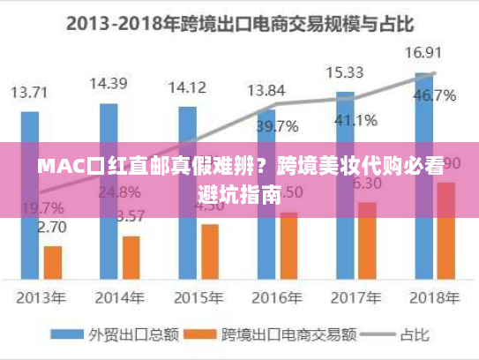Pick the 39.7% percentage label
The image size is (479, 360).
click(x=276, y=125)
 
